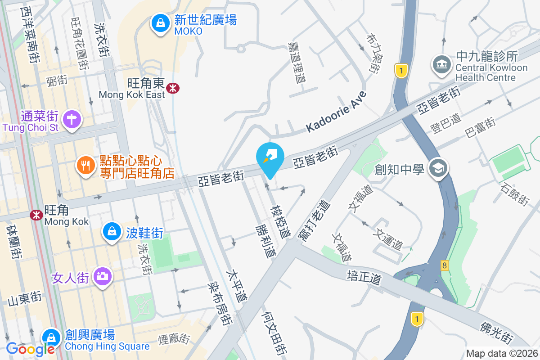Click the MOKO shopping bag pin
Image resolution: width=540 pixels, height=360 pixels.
coord(159,22)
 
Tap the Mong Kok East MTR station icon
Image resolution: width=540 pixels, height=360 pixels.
coord(171,88)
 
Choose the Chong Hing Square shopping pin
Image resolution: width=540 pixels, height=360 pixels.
coord(51,337)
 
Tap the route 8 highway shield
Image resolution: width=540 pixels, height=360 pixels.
coord(445,265)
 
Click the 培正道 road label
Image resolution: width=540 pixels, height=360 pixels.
coord(364,277)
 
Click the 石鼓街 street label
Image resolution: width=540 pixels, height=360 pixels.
coord(515,195)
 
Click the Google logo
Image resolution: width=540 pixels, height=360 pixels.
coord(30,349)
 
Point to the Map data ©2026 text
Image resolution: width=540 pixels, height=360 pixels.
coord(501,354)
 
